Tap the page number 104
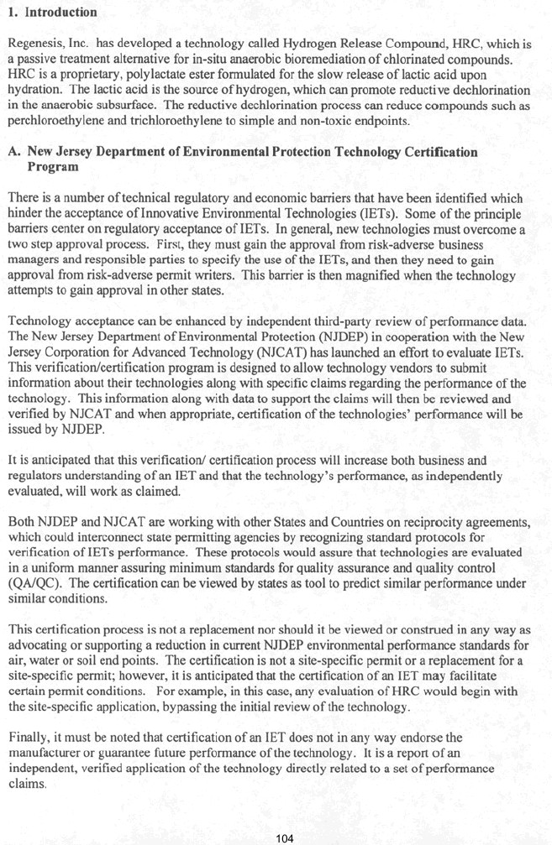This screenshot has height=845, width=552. [286, 837]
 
